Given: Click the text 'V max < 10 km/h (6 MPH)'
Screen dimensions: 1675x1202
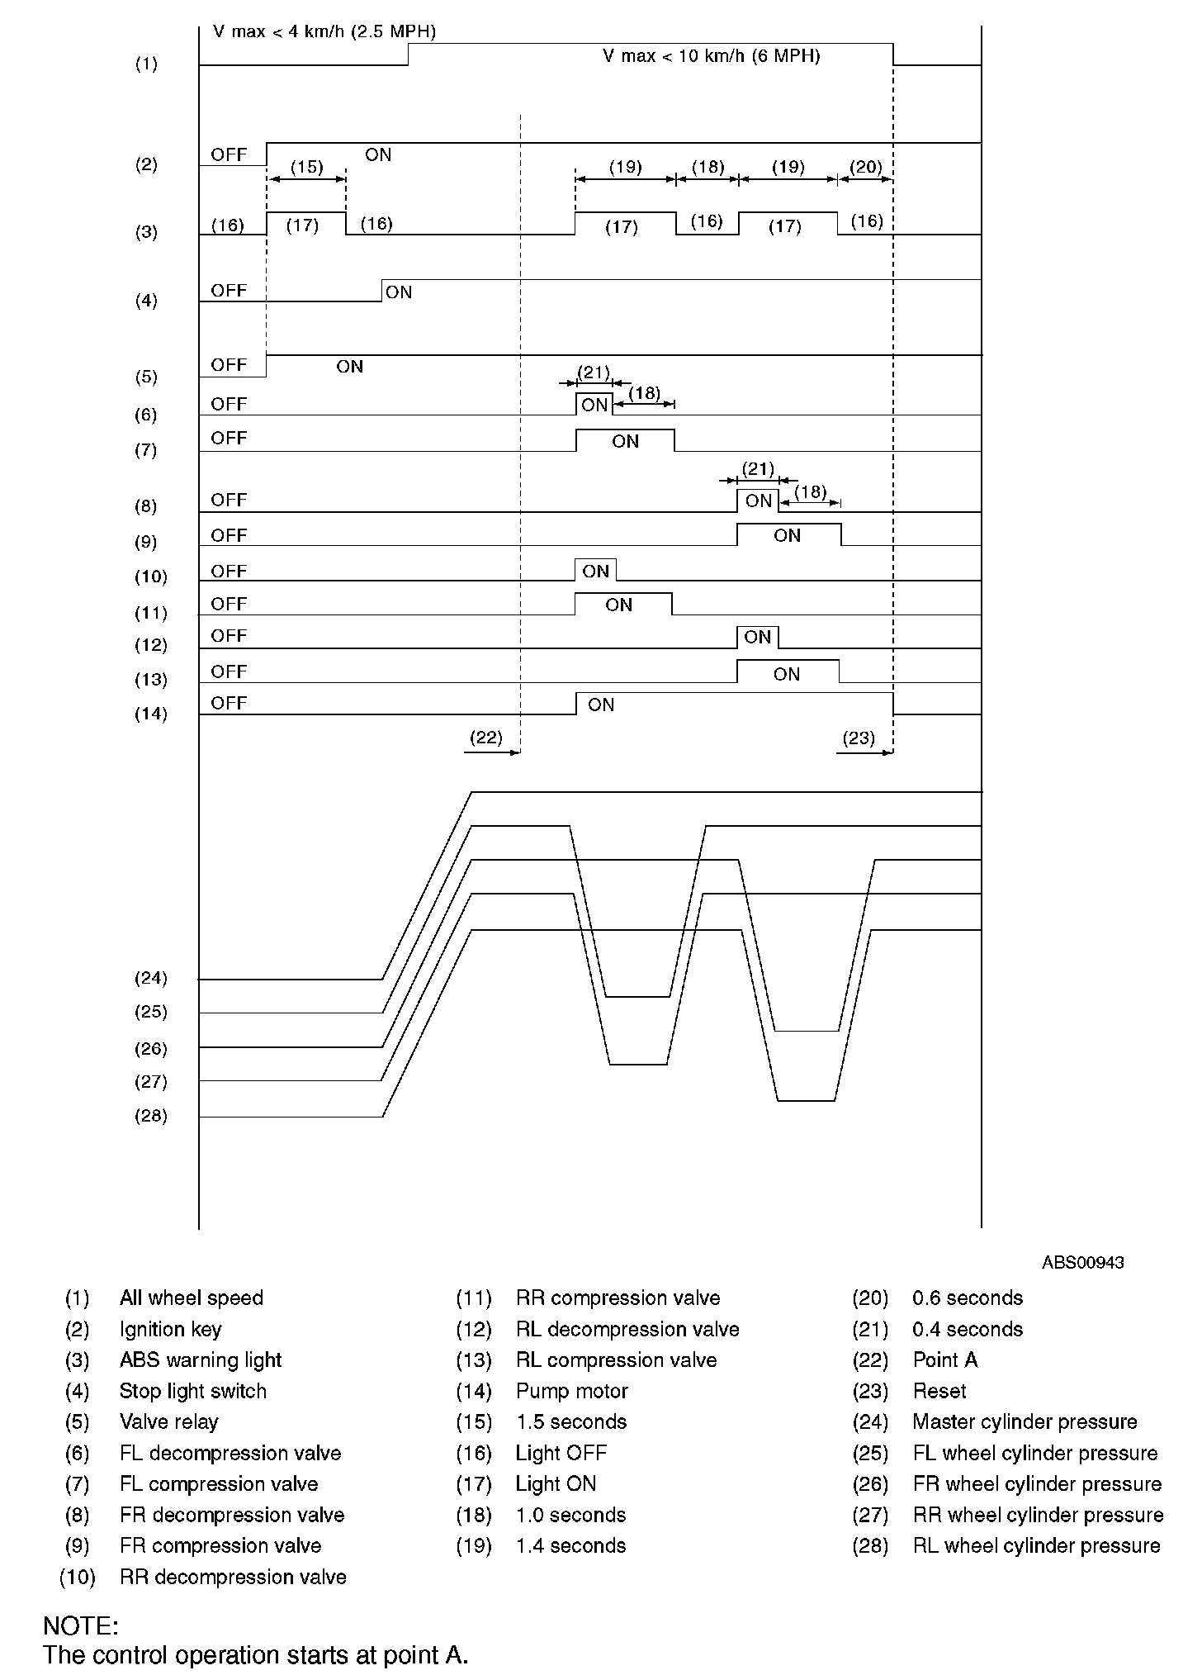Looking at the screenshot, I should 711,56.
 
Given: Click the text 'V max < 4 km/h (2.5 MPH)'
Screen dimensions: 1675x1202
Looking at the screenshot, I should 324,32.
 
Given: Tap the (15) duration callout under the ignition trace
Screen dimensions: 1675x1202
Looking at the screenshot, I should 306,167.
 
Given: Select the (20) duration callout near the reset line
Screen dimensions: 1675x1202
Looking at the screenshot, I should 866,167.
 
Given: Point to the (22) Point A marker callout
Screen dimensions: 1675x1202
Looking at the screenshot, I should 485,738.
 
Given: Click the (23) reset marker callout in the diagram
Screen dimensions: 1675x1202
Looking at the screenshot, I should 859,738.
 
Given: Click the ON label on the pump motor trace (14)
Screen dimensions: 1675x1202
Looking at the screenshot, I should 601,705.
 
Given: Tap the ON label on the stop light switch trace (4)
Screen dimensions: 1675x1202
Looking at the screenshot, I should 399,292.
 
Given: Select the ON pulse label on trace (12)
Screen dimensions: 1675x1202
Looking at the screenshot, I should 757,637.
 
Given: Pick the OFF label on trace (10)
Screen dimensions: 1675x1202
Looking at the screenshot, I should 229,571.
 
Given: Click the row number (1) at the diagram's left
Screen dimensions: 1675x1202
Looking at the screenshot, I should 146,64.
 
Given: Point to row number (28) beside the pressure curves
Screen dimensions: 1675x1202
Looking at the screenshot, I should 150,1116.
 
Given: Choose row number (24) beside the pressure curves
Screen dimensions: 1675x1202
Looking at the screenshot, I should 150,978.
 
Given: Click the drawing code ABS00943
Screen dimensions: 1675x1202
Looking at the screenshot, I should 1082,1262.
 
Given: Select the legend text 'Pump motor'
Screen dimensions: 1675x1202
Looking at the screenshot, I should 572,1391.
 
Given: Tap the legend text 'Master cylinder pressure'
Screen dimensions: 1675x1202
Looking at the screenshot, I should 1025,1421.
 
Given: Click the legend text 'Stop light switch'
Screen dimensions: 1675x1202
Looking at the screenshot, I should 193,1391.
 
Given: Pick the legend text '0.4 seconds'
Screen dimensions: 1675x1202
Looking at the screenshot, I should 968,1329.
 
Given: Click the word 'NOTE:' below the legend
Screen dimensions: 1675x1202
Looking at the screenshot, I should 81,1626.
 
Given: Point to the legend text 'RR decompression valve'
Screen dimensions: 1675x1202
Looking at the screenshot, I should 233,1577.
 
